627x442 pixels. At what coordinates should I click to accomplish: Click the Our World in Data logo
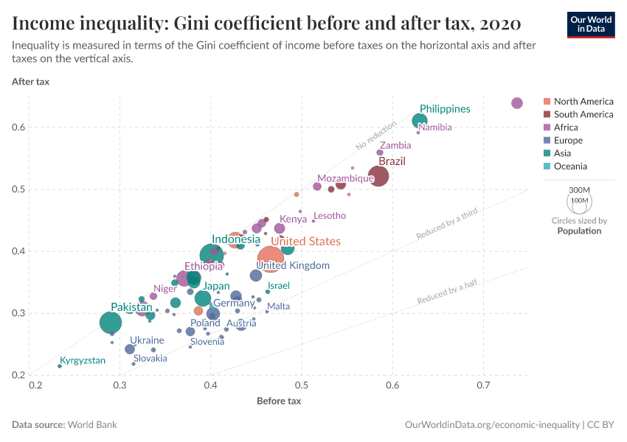coord(590,24)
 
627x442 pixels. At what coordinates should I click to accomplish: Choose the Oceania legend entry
coord(572,166)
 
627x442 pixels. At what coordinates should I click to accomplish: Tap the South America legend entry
coord(583,114)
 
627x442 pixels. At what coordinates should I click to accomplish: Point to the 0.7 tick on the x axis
coord(483,385)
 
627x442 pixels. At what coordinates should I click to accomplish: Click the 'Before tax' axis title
coord(279,401)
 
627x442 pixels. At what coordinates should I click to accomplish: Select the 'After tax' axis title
coord(31,81)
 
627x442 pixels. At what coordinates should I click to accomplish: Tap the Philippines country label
coord(445,109)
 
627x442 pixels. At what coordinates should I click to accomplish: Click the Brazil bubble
coord(378,176)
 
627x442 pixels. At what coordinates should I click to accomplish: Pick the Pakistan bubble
coord(111,323)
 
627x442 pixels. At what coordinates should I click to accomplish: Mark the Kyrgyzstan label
coord(83,361)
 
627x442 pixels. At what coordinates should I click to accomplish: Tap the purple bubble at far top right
coord(517,103)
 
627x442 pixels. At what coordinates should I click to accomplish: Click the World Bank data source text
coord(92,425)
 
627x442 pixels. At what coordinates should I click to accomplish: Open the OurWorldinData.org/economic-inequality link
coord(492,425)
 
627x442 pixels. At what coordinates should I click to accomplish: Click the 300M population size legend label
coord(579,189)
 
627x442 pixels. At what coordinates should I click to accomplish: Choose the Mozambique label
coord(345,179)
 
